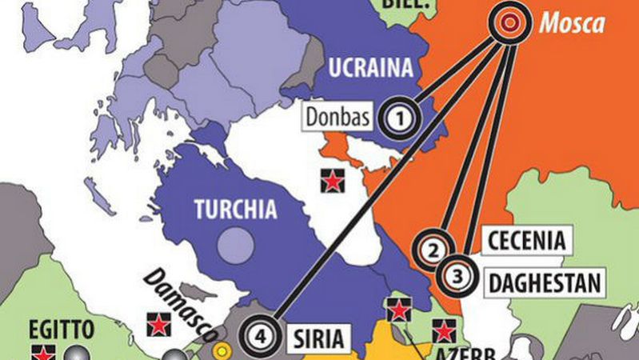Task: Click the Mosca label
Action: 571,24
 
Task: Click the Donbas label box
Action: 337,118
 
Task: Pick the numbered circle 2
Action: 432,250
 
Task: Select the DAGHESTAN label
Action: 545,281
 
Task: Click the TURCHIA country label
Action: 236,210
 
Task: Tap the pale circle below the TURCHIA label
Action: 234,240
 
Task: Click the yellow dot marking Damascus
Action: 222,350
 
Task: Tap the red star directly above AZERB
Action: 444,329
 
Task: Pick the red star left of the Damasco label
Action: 158,325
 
